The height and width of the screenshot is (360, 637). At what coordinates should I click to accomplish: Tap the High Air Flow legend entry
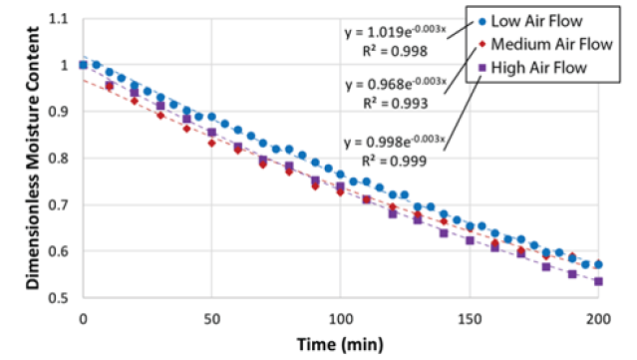[538, 68]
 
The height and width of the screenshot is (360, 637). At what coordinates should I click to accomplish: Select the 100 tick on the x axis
[340, 318]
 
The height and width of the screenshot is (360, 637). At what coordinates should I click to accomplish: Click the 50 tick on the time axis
[211, 318]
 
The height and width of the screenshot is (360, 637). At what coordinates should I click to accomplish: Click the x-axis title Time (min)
[340, 344]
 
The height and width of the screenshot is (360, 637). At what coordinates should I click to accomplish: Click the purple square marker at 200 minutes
[598, 281]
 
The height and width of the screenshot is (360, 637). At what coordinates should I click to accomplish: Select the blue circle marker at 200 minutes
[598, 264]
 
